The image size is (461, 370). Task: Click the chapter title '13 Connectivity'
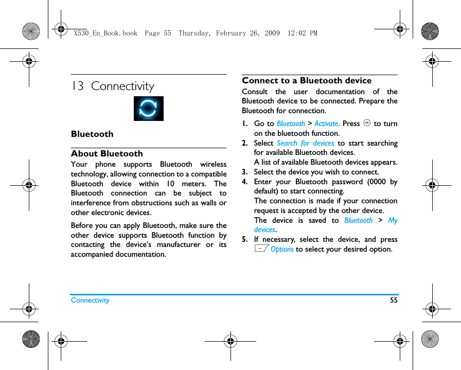coord(113,86)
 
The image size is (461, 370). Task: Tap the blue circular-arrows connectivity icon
coord(148,109)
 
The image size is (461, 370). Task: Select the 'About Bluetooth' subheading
coord(107,153)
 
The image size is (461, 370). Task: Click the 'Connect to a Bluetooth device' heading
coord(307,80)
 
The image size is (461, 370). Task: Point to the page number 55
coord(394,300)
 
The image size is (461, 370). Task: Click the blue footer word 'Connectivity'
coord(90,300)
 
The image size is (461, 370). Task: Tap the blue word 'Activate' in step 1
coord(326,124)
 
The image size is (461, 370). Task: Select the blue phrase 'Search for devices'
coord(305,143)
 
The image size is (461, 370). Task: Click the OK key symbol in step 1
coord(367,123)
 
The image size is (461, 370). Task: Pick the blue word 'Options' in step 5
coord(282,250)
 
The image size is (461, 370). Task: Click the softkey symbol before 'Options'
coord(261,249)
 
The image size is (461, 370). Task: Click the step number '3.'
coord(245,172)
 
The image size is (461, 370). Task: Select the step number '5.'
coord(245,239)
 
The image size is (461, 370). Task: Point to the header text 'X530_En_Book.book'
coord(105,33)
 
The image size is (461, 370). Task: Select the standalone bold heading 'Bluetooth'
coord(92,134)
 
